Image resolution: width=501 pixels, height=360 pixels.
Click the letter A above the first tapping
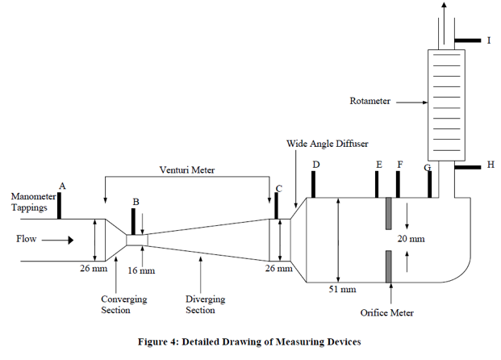pos(63,186)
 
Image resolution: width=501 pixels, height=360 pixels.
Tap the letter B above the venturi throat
pos(136,200)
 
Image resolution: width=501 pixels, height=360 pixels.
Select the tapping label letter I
pos(488,40)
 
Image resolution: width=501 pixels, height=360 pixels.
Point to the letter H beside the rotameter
pos(490,165)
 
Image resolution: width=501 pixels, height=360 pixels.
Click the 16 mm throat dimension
pos(143,270)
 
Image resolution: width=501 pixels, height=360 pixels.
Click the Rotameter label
pos(369,102)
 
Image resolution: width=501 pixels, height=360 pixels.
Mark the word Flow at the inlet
pos(27,239)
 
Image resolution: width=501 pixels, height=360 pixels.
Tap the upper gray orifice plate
pos(388,213)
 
